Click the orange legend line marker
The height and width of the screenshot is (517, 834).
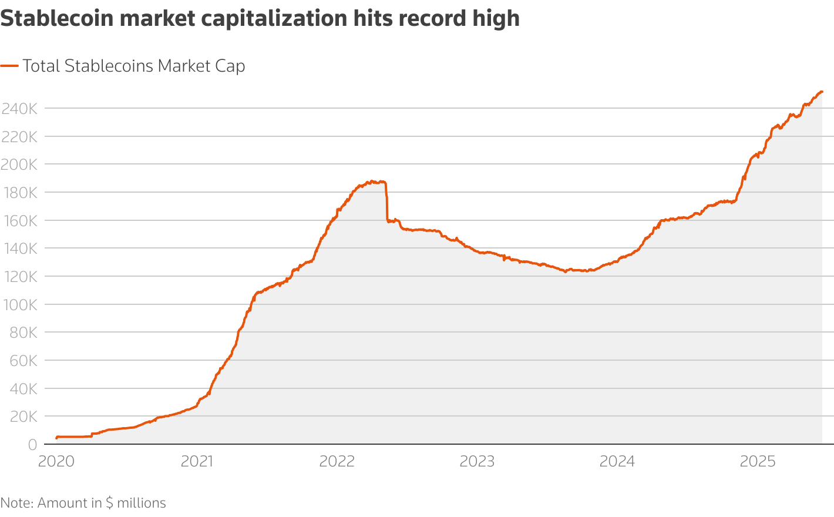click(x=9, y=66)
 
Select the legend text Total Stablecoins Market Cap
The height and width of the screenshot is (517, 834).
click(x=134, y=66)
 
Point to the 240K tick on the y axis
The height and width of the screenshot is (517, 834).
click(x=19, y=109)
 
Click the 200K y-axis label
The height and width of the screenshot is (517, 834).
click(x=19, y=164)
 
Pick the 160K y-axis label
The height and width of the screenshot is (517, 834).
click(x=19, y=220)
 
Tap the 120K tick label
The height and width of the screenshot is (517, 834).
click(x=19, y=277)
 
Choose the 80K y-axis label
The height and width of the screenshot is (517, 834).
click(x=23, y=333)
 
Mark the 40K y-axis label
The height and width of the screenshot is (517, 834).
click(x=23, y=388)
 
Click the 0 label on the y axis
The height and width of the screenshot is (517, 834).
click(x=33, y=445)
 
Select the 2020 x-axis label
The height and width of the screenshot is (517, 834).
click(x=56, y=462)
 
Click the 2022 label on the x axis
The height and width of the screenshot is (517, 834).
click(x=337, y=462)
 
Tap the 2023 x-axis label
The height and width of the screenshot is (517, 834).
click(x=477, y=462)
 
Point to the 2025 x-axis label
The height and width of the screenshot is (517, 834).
click(x=758, y=462)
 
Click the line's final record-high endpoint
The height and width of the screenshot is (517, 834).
click(x=822, y=92)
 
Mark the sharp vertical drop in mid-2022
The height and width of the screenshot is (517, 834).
click(x=386, y=203)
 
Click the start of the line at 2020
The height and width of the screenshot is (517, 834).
click(x=56, y=438)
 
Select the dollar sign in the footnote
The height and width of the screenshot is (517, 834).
click(x=109, y=503)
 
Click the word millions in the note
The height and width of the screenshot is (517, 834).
click(x=142, y=503)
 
